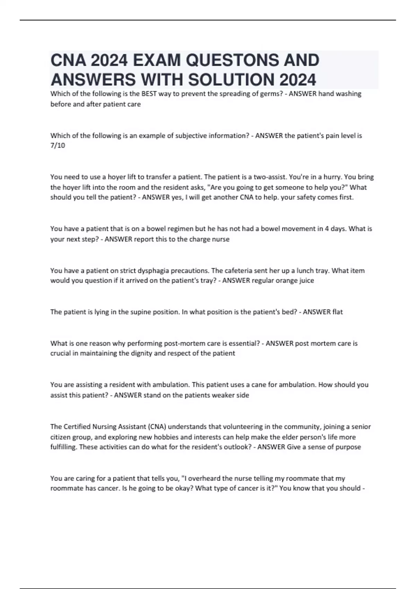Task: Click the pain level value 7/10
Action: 58,146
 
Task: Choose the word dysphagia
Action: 154,271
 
